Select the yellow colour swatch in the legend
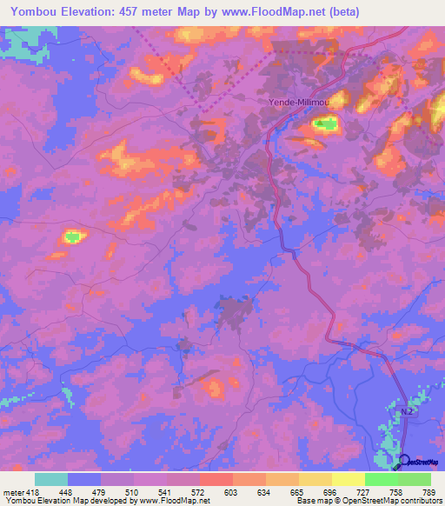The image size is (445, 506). pos(349,479)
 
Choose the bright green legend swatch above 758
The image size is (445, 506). pos(382,479)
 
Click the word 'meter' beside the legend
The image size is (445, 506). pos(14,492)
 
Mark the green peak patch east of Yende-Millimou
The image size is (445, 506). pos(325,124)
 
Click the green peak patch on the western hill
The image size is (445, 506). pos(72,236)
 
